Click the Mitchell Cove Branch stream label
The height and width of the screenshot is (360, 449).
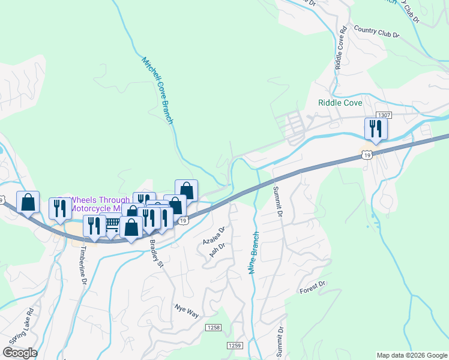tap(157, 91)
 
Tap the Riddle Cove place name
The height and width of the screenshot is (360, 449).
tap(340, 103)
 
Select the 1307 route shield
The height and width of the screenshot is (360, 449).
tap(384, 115)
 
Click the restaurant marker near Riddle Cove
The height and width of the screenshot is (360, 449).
tap(375, 128)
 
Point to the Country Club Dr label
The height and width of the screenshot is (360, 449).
tap(376, 31)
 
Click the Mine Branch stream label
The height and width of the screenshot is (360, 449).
tap(254, 253)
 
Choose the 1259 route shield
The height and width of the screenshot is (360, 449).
tap(235, 346)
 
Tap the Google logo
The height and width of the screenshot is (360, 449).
tap(20, 353)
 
